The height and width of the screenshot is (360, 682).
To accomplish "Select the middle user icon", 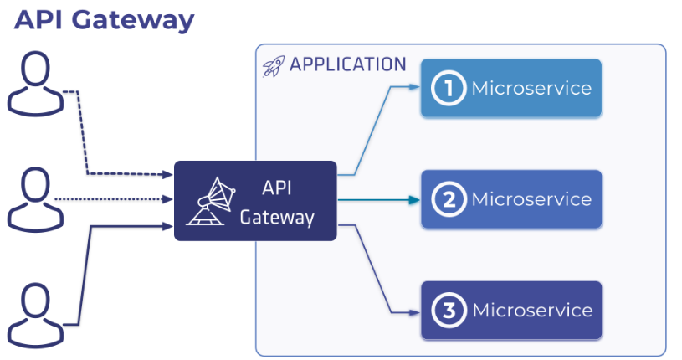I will click(35, 198).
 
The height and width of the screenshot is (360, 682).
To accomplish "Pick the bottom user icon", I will click(35, 313).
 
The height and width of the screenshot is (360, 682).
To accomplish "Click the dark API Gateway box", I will click(255, 201).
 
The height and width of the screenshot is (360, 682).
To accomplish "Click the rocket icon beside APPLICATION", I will click(273, 66).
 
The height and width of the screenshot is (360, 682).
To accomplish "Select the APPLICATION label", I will click(347, 65).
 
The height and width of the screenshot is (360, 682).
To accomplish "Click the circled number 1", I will click(449, 88).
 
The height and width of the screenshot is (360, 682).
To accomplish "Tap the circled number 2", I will click(449, 199).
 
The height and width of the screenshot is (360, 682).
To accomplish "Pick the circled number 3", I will click(449, 311).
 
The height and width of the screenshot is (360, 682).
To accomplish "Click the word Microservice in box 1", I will click(531, 88).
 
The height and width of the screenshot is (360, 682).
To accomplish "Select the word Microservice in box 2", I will click(531, 199).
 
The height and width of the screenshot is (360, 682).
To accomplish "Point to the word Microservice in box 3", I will click(532, 311).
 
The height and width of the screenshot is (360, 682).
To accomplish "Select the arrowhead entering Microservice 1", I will click(413, 86).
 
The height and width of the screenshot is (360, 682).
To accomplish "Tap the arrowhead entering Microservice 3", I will click(413, 312).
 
